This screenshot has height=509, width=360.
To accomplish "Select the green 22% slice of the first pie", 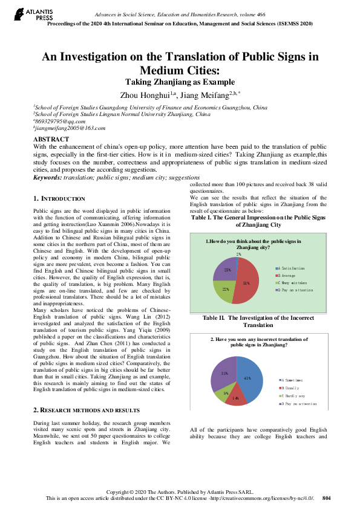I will click(223, 291).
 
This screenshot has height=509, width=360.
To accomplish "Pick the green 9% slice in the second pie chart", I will click(221, 395).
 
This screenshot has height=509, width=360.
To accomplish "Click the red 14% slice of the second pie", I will click(235, 398).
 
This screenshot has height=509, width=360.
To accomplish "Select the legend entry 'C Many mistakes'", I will click(295, 282).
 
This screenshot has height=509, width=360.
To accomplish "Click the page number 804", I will click(327, 498).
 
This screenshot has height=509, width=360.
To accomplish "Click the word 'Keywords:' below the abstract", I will click(48, 178).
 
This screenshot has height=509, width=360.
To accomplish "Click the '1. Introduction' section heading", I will click(59, 198).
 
